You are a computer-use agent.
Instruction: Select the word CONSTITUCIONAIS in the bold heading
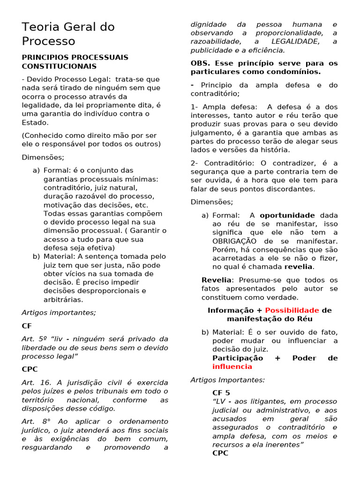pyautogui.click(x=59, y=67)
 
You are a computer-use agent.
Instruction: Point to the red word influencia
pyautogui.click(x=229, y=367)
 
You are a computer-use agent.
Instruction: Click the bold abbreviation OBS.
pyautogui.click(x=201, y=63)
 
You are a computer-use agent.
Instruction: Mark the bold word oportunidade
pyautogui.click(x=287, y=215)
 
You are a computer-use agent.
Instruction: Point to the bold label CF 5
pyautogui.click(x=221, y=393)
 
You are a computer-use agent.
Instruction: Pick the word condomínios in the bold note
pyautogui.click(x=296, y=72)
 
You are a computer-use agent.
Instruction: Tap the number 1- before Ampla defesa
pyautogui.click(x=195, y=107)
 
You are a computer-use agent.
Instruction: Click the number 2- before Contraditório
pyautogui.click(x=195, y=163)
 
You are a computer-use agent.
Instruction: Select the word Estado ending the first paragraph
pyautogui.click(x=35, y=122)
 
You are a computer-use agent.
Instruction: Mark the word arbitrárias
pyautogui.click(x=63, y=300)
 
